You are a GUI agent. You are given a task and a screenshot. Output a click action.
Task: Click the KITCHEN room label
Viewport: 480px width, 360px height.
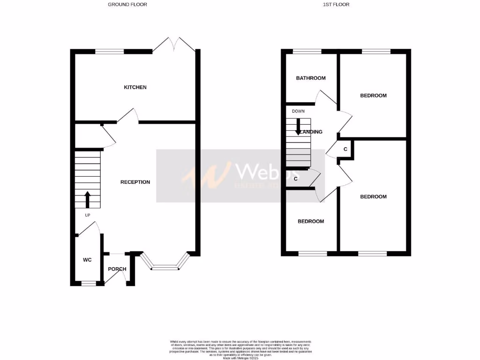tap(135, 87)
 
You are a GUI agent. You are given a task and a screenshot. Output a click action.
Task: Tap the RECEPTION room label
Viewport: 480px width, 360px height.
tap(135, 182)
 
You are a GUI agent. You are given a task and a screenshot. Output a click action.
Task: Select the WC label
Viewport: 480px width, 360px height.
tap(87, 260)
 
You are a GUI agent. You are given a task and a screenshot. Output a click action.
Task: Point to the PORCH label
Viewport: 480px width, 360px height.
tap(117, 269)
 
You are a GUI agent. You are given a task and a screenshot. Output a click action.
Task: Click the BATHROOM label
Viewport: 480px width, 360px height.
tap(310, 78)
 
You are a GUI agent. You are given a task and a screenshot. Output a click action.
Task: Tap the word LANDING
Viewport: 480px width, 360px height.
tap(311, 132)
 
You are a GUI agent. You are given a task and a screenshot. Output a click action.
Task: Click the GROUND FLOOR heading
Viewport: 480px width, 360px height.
tap(127, 5)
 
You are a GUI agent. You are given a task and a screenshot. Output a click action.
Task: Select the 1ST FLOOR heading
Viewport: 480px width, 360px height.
tap(336, 5)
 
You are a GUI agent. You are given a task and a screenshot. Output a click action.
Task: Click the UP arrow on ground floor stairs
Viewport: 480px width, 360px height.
tap(87, 199)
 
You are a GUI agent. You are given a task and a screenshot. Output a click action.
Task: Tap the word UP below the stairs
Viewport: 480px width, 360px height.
tap(87, 215)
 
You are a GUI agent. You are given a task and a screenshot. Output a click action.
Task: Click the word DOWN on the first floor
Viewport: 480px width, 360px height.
tap(298, 112)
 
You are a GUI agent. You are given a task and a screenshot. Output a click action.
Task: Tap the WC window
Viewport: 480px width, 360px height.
tap(88, 283)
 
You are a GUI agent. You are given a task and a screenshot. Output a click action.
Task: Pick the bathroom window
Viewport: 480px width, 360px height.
tap(307, 51)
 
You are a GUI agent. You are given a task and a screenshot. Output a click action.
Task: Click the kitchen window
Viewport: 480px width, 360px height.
tap(110, 51)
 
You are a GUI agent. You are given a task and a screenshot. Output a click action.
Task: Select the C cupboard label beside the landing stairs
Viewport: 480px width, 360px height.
tap(296, 179)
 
